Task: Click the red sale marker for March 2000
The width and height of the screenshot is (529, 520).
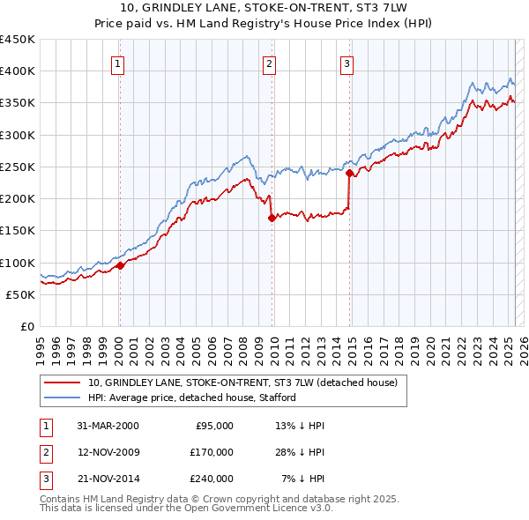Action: (x=120, y=266)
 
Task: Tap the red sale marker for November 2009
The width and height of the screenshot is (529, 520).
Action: (x=271, y=219)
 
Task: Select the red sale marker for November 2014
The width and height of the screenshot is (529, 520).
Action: (x=349, y=174)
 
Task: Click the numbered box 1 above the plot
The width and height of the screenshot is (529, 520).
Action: (x=117, y=63)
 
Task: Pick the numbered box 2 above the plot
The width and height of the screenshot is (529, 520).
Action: (x=268, y=63)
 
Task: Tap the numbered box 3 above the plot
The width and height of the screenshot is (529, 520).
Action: (x=347, y=63)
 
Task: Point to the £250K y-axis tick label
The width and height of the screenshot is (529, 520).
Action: (x=18, y=167)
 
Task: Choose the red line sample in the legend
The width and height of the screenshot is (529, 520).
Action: (x=61, y=383)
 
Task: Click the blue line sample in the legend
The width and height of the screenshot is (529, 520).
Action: (x=61, y=397)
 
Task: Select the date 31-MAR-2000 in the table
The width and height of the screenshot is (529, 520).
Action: (x=108, y=426)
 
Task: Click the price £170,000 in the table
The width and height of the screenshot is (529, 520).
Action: (x=212, y=452)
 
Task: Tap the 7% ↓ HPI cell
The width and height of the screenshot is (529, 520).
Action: (x=301, y=479)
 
